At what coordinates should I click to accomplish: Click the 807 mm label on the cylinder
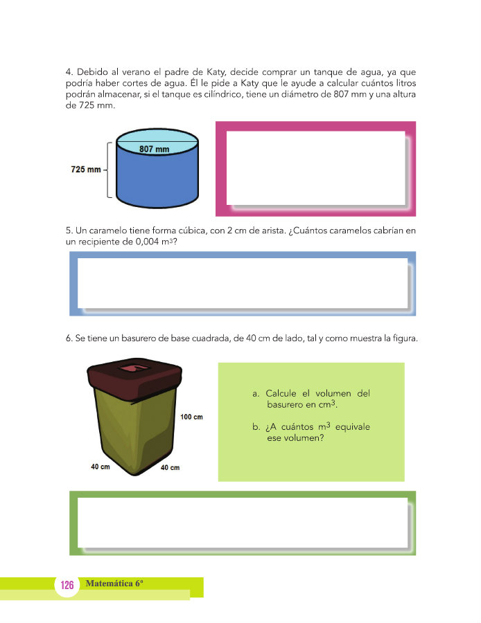[155, 150]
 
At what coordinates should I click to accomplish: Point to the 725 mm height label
[86, 170]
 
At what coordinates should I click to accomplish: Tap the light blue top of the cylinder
[157, 142]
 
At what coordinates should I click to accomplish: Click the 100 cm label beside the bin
[192, 417]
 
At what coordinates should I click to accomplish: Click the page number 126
[67, 585]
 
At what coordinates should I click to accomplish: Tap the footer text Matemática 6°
[114, 584]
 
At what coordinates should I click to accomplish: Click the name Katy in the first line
[216, 72]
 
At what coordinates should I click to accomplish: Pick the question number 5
[69, 231]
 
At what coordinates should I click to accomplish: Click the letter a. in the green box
[256, 394]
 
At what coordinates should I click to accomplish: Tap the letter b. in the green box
[256, 427]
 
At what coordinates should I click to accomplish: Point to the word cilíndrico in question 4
[224, 95]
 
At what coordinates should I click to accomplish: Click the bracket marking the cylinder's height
[109, 170]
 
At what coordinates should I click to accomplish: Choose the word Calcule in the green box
[281, 393]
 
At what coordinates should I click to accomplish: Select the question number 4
[69, 72]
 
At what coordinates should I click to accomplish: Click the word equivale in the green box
[353, 426]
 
